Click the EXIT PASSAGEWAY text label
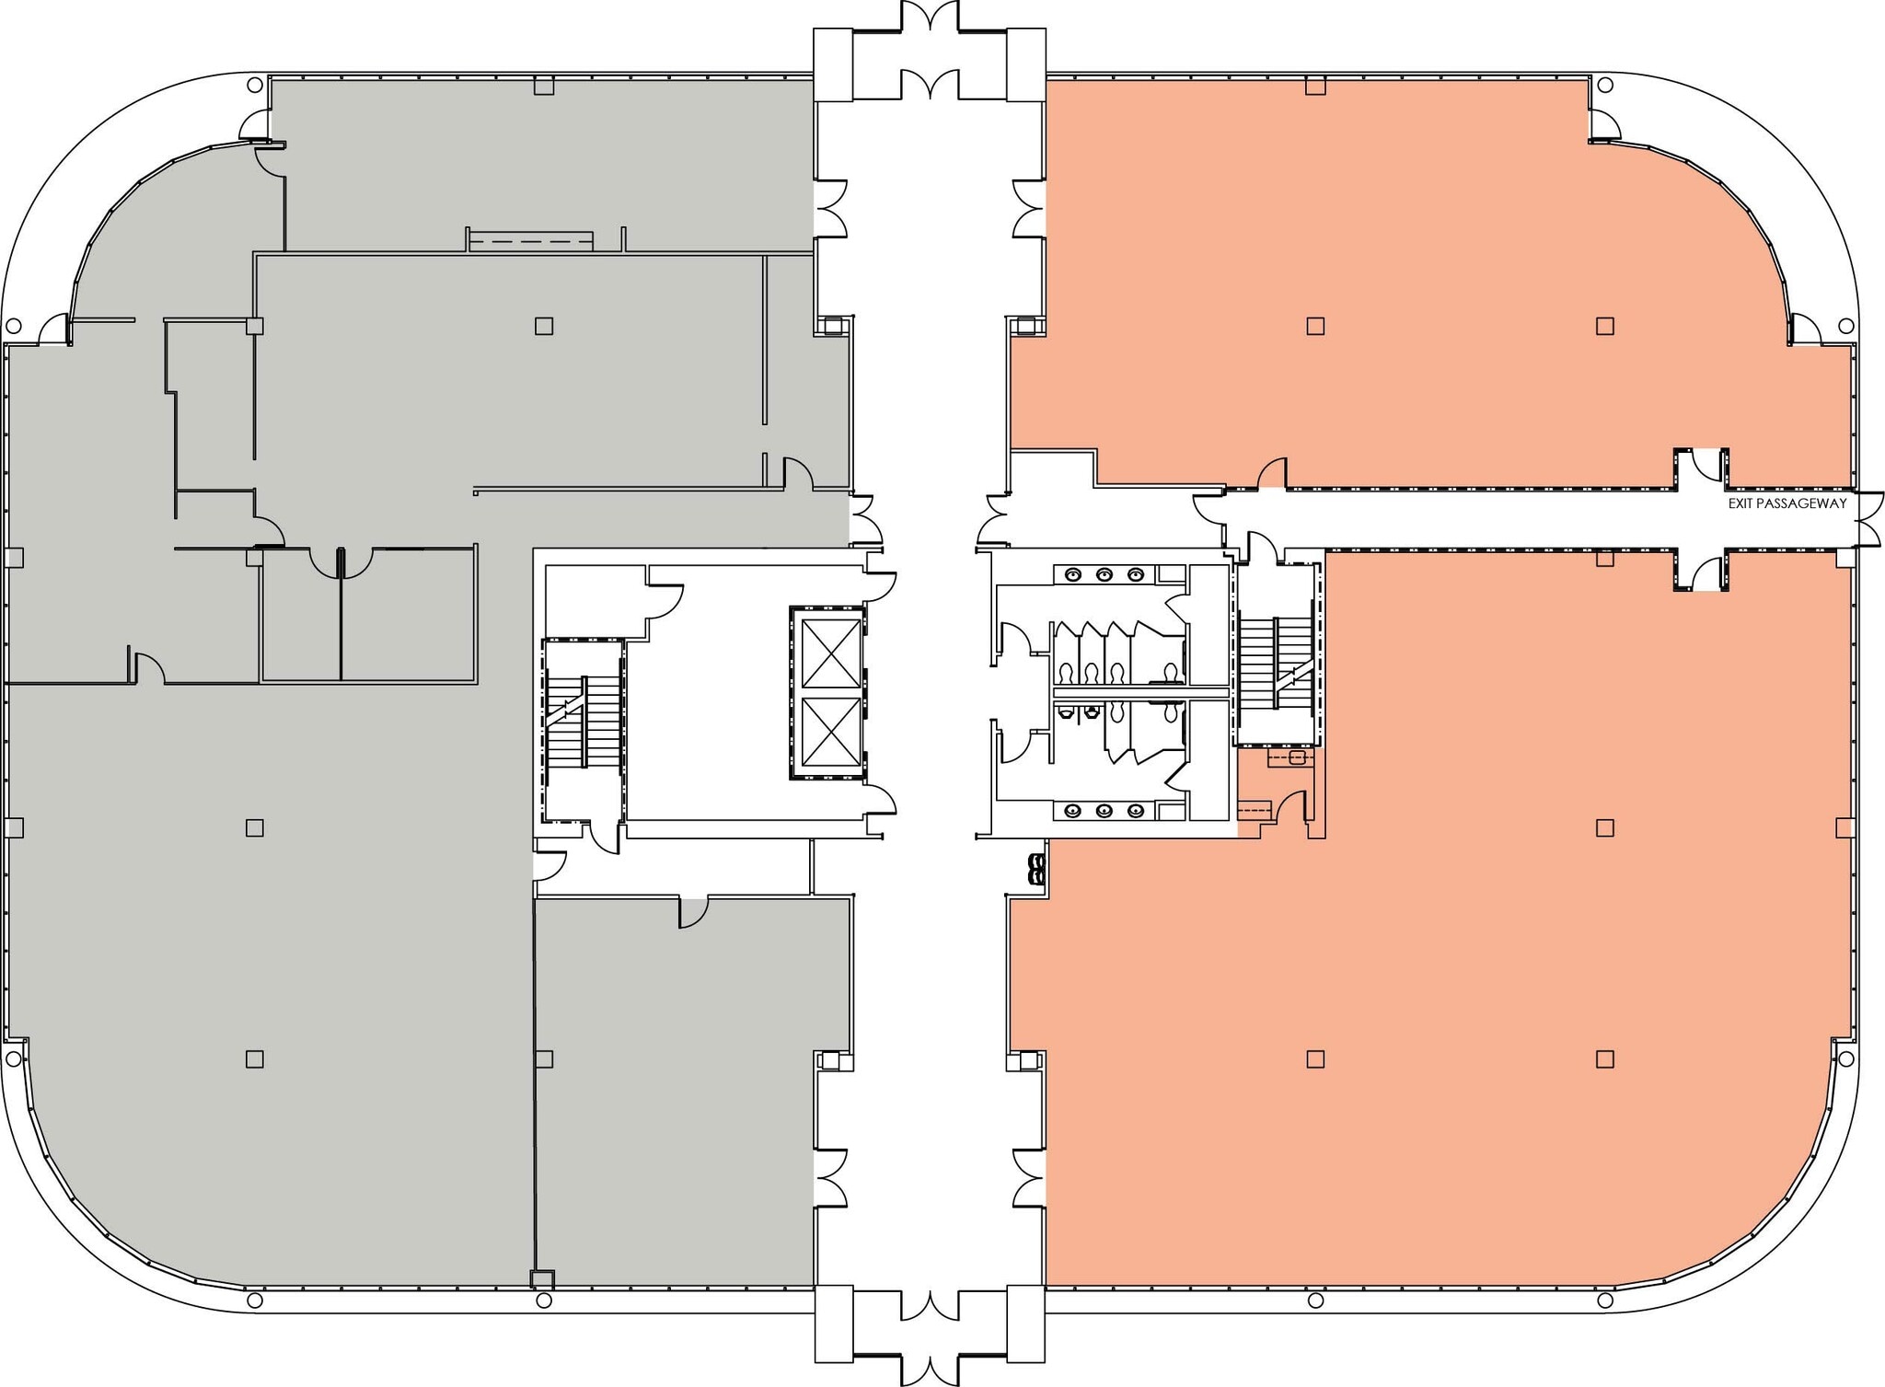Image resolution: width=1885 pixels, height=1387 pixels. tap(1787, 503)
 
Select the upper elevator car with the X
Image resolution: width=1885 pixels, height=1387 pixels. tap(831, 653)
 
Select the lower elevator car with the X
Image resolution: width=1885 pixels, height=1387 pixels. tap(831, 732)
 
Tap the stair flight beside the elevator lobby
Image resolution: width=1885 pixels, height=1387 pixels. tap(583, 722)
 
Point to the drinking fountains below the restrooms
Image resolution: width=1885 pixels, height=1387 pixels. tap(1038, 868)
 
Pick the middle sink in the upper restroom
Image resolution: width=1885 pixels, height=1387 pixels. tap(1104, 575)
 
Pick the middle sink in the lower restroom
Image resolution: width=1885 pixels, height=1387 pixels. tap(1104, 811)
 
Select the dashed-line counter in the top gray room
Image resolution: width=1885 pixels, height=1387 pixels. tap(530, 241)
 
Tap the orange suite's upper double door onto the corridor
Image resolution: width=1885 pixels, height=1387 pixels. tap(1029, 209)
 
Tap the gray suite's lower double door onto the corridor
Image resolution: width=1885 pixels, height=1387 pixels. tap(830, 1178)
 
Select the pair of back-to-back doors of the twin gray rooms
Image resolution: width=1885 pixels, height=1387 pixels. tap(341, 562)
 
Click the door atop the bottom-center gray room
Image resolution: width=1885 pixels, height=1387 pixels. tap(693, 911)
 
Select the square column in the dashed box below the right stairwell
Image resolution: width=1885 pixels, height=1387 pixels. tap(1297, 757)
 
